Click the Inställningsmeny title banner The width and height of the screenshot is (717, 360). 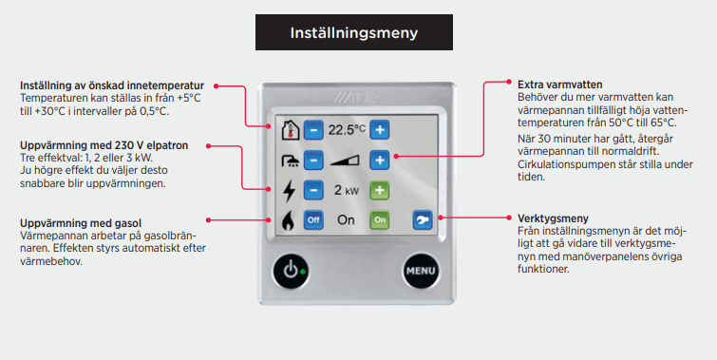tap(354, 32)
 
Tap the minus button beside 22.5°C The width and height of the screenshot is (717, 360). tap(313, 130)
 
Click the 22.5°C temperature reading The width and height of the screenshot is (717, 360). tap(347, 129)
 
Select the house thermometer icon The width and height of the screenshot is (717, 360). tap(290, 130)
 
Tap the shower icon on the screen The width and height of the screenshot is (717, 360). tap(290, 161)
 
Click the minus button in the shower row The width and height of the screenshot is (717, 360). tap(313, 161)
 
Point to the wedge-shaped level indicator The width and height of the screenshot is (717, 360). tap(345, 161)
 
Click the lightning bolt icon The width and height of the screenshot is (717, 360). tap(289, 190)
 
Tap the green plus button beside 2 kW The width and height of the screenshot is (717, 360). tap(380, 190)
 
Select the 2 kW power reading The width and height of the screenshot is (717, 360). tap(346, 190)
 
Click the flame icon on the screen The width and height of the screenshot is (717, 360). tap(288, 221)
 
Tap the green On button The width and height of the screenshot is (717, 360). tap(380, 219)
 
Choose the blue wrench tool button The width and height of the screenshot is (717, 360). tap(422, 219)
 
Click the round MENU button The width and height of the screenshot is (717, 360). tap(421, 271)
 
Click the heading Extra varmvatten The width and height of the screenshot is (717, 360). tap(559, 85)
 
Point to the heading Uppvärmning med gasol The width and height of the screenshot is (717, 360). tap(81, 223)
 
